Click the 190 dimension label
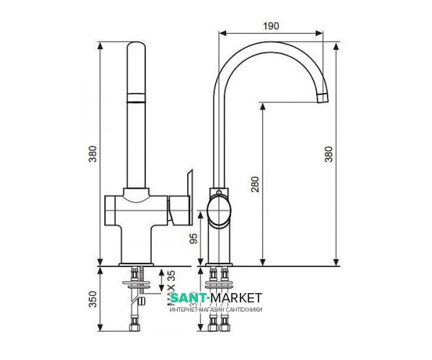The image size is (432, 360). (x=271, y=25)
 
